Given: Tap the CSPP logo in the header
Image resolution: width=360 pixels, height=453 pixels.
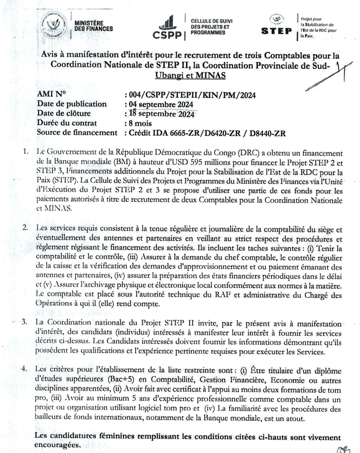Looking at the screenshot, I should (170, 27).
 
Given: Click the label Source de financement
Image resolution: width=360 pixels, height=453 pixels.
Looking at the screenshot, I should (77, 133).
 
